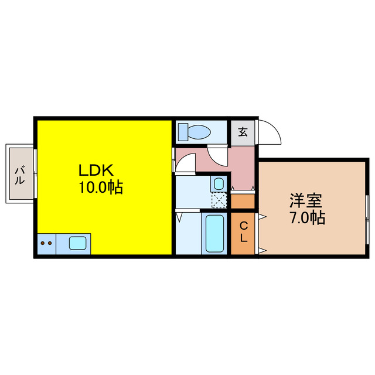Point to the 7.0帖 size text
306,219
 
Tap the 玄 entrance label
242,131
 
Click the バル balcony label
19,175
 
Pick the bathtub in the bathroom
215,233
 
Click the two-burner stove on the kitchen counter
46,243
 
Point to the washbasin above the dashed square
219,183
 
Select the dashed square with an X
219,200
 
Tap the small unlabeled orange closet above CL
243,200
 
